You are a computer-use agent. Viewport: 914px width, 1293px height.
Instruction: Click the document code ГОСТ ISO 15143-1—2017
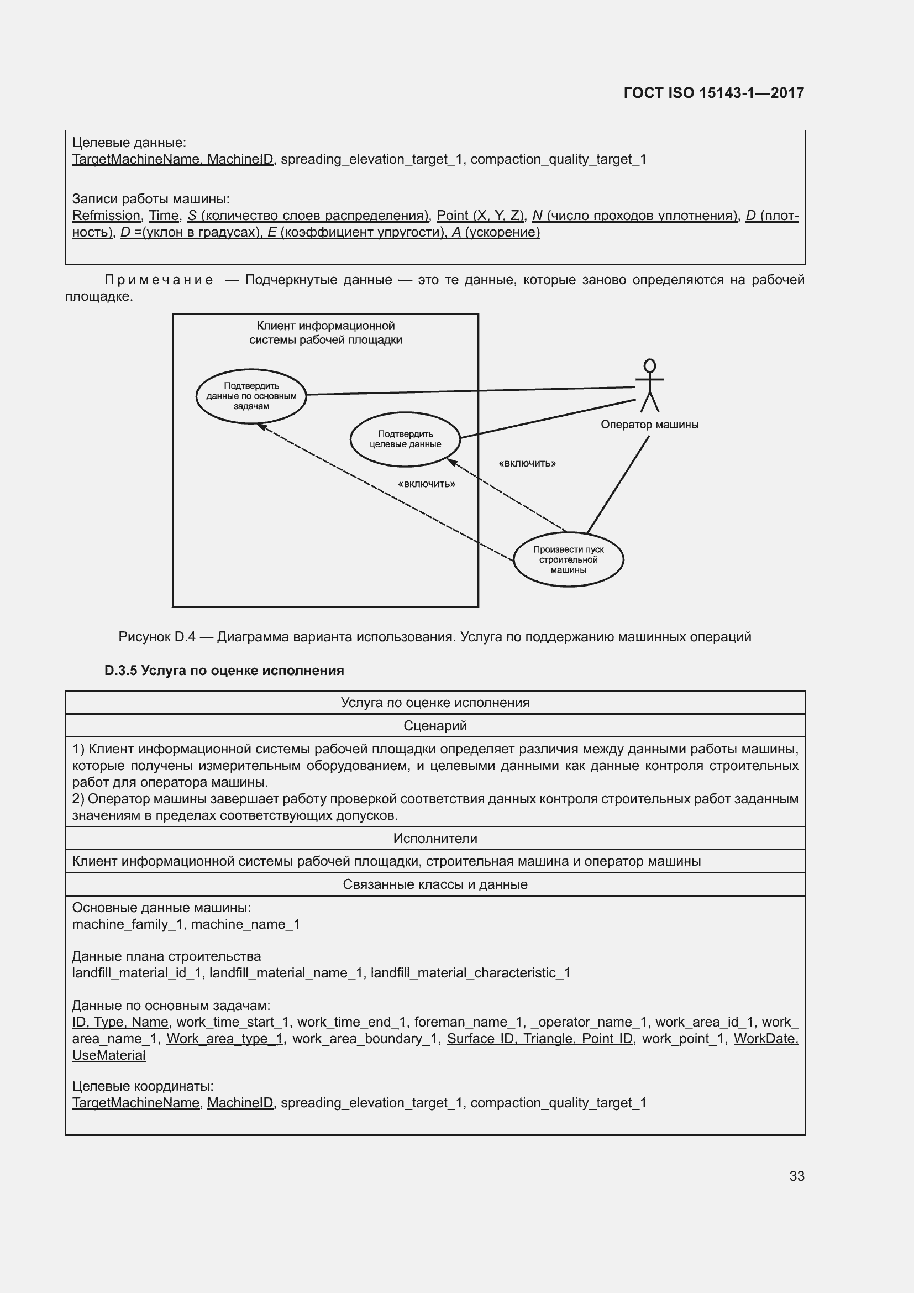pyautogui.click(x=713, y=93)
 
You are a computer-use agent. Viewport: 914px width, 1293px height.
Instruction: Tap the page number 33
pyautogui.click(x=796, y=1176)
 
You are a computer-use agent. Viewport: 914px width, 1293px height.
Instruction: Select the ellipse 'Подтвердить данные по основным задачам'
pyautogui.click(x=251, y=396)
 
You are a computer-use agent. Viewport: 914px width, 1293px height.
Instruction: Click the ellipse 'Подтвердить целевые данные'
pyautogui.click(x=405, y=439)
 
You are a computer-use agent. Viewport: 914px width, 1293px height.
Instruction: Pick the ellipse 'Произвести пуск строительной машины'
pyautogui.click(x=568, y=559)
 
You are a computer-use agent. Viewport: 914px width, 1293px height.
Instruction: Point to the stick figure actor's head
pyautogui.click(x=649, y=366)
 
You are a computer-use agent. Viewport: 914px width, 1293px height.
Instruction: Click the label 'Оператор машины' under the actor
pyautogui.click(x=649, y=425)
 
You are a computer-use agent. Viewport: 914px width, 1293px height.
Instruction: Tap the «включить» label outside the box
pyautogui.click(x=527, y=463)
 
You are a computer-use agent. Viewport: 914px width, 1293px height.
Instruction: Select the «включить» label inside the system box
pyautogui.click(x=426, y=484)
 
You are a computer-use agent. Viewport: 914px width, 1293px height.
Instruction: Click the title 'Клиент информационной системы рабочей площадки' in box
pyautogui.click(x=325, y=333)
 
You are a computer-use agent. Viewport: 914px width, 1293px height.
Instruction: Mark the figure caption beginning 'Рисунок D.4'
pyautogui.click(x=434, y=637)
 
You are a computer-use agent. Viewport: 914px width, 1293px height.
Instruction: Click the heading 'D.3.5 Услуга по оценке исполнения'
pyautogui.click(x=224, y=671)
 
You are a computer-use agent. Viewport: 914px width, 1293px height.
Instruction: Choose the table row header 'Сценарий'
pyautogui.click(x=435, y=725)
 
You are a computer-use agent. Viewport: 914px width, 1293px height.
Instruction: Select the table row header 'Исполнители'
pyautogui.click(x=435, y=839)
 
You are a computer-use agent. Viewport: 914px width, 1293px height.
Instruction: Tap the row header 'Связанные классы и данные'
pyautogui.click(x=435, y=884)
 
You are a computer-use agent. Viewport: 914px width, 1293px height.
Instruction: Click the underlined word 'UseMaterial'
pyautogui.click(x=109, y=1055)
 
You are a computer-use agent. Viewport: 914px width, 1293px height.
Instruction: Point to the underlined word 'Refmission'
pyautogui.click(x=106, y=216)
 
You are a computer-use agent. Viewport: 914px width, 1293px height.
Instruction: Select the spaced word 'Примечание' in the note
pyautogui.click(x=159, y=280)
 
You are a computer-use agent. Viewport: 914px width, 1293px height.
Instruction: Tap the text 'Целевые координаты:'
pyautogui.click(x=143, y=1086)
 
